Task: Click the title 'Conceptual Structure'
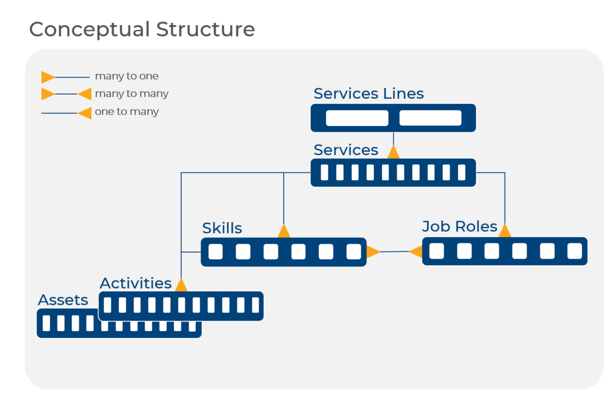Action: click(x=142, y=29)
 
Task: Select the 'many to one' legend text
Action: click(x=126, y=76)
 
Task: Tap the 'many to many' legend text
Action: click(x=131, y=94)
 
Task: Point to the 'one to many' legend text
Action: click(x=126, y=111)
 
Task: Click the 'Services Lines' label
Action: click(x=368, y=94)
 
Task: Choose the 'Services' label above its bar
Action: click(x=346, y=150)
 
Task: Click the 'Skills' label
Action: click(x=222, y=228)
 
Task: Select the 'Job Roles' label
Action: click(x=459, y=226)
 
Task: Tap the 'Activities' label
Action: click(x=136, y=283)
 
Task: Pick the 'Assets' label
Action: click(x=63, y=300)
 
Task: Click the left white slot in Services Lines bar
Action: click(x=357, y=118)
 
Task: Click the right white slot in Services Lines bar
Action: click(x=430, y=118)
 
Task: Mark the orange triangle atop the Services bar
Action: click(x=393, y=152)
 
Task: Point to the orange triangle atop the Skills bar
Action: click(x=283, y=232)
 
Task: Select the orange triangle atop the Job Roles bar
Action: click(x=505, y=231)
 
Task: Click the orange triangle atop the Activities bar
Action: click(x=181, y=285)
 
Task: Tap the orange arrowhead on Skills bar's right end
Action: click(x=372, y=251)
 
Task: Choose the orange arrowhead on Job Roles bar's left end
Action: click(x=416, y=251)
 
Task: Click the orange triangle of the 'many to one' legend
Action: click(x=48, y=77)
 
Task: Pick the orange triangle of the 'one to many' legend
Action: click(x=85, y=113)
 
